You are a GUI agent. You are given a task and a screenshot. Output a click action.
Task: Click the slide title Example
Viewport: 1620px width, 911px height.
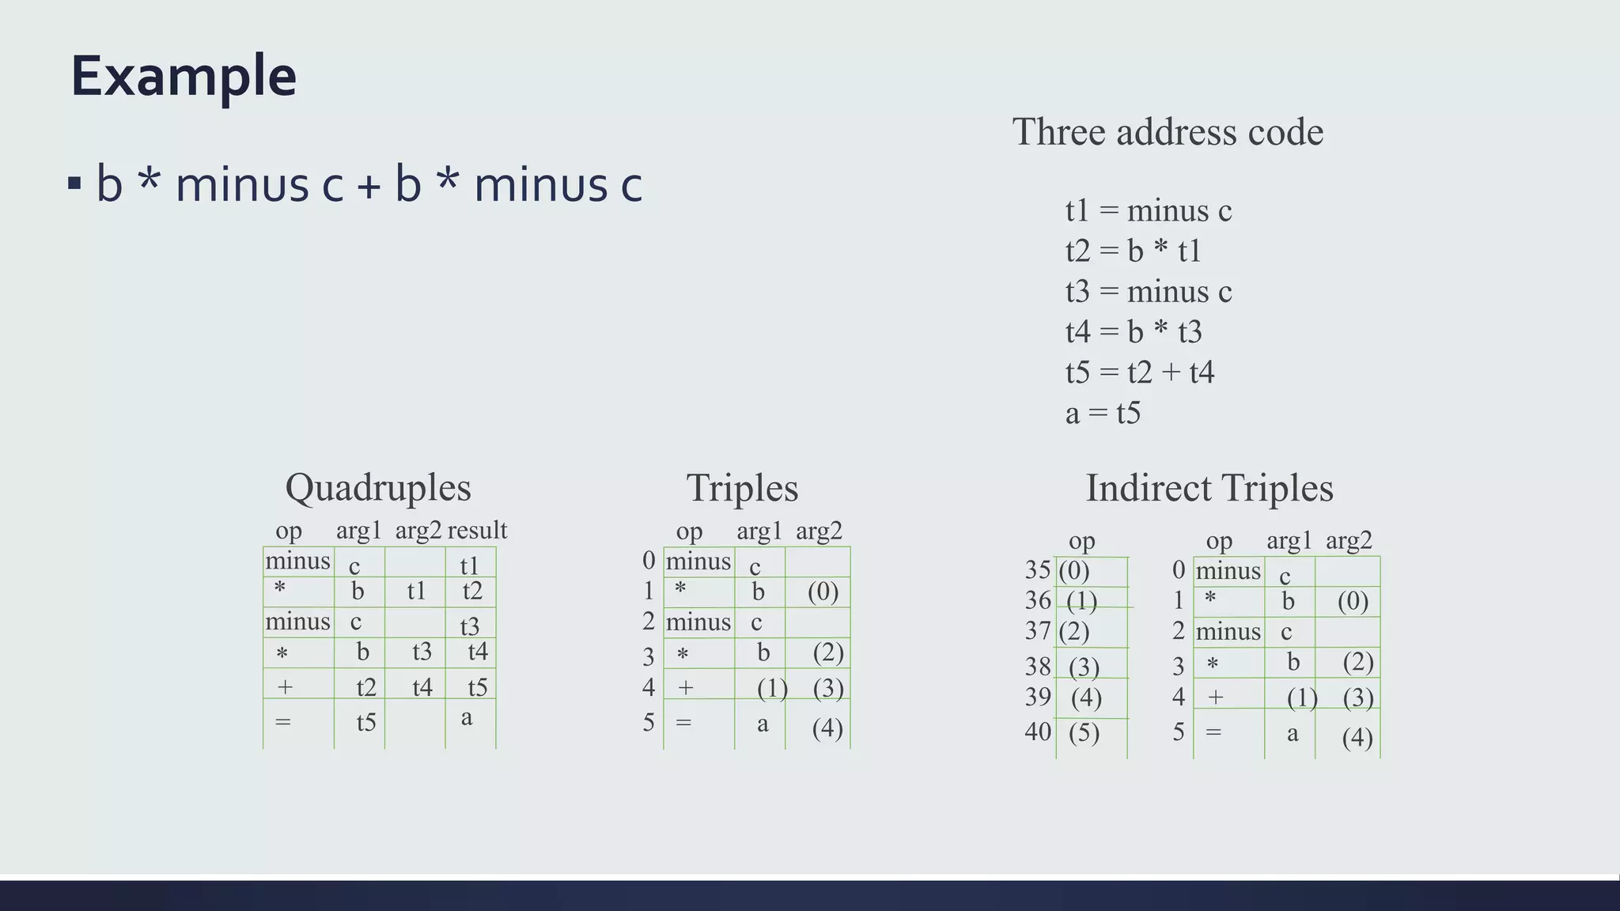184,76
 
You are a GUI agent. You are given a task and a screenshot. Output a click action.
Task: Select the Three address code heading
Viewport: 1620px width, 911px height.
1168,131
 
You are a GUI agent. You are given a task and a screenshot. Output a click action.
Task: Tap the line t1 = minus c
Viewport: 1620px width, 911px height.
1148,210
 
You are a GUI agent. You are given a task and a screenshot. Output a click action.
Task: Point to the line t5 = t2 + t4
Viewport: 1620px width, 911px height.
1139,372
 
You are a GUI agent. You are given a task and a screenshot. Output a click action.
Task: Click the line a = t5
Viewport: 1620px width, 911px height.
1103,413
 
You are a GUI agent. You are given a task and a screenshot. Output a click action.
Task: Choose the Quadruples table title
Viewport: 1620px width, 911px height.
378,487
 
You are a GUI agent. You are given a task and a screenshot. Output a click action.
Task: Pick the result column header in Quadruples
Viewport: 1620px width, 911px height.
477,530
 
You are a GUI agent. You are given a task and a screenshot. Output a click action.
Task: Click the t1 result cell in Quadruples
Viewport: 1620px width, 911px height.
470,565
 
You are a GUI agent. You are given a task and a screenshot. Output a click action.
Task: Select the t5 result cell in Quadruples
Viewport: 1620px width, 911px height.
477,687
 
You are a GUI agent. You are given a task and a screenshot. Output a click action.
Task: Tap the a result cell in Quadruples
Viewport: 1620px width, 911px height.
467,717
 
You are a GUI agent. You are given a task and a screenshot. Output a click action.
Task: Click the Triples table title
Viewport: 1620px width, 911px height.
742,488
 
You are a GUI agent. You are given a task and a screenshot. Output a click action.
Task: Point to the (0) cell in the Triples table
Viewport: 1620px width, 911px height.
823,592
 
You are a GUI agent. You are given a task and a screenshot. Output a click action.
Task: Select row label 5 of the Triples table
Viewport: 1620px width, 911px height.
649,722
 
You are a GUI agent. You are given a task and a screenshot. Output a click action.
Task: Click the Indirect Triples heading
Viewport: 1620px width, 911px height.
1209,488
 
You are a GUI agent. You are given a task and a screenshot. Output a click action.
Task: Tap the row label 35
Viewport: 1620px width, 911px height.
1038,569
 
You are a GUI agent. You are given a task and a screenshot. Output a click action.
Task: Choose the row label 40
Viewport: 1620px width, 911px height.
1038,731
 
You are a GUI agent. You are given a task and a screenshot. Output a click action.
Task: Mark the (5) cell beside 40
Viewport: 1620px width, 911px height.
1084,732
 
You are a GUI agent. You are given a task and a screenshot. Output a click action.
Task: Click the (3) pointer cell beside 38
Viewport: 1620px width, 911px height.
1084,667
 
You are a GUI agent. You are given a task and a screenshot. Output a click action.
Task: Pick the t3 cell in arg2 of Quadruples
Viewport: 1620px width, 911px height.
422,652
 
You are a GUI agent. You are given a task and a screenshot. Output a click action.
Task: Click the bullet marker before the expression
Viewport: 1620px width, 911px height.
75,184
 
